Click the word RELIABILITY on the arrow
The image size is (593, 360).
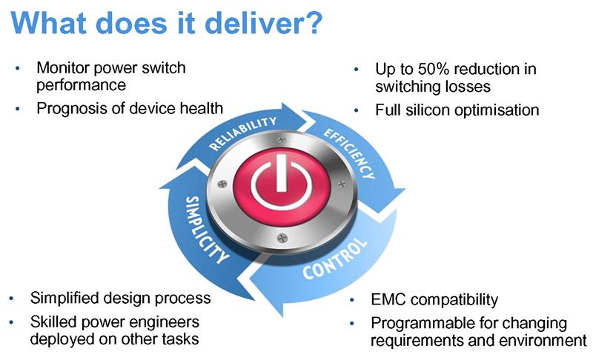[243, 133]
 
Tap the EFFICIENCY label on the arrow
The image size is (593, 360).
[349, 153]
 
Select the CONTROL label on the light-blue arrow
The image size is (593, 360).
[335, 259]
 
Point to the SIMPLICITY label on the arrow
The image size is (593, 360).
[207, 230]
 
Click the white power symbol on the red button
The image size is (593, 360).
[282, 182]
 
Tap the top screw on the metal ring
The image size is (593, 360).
[281, 140]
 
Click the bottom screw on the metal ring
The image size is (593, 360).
[282, 238]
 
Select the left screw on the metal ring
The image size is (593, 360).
[222, 184]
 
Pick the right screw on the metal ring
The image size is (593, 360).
[342, 184]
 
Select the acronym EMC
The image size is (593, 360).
[388, 299]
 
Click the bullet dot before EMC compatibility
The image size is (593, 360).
[352, 300]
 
